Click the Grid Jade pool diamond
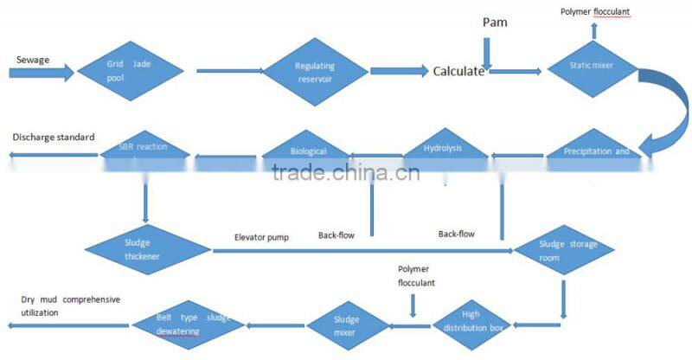click(130, 70)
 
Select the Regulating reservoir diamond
click(316, 73)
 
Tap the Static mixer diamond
click(592, 66)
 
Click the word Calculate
click(458, 72)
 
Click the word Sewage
click(33, 60)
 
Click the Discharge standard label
click(53, 137)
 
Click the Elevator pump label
click(261, 236)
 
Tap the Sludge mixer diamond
click(345, 325)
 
